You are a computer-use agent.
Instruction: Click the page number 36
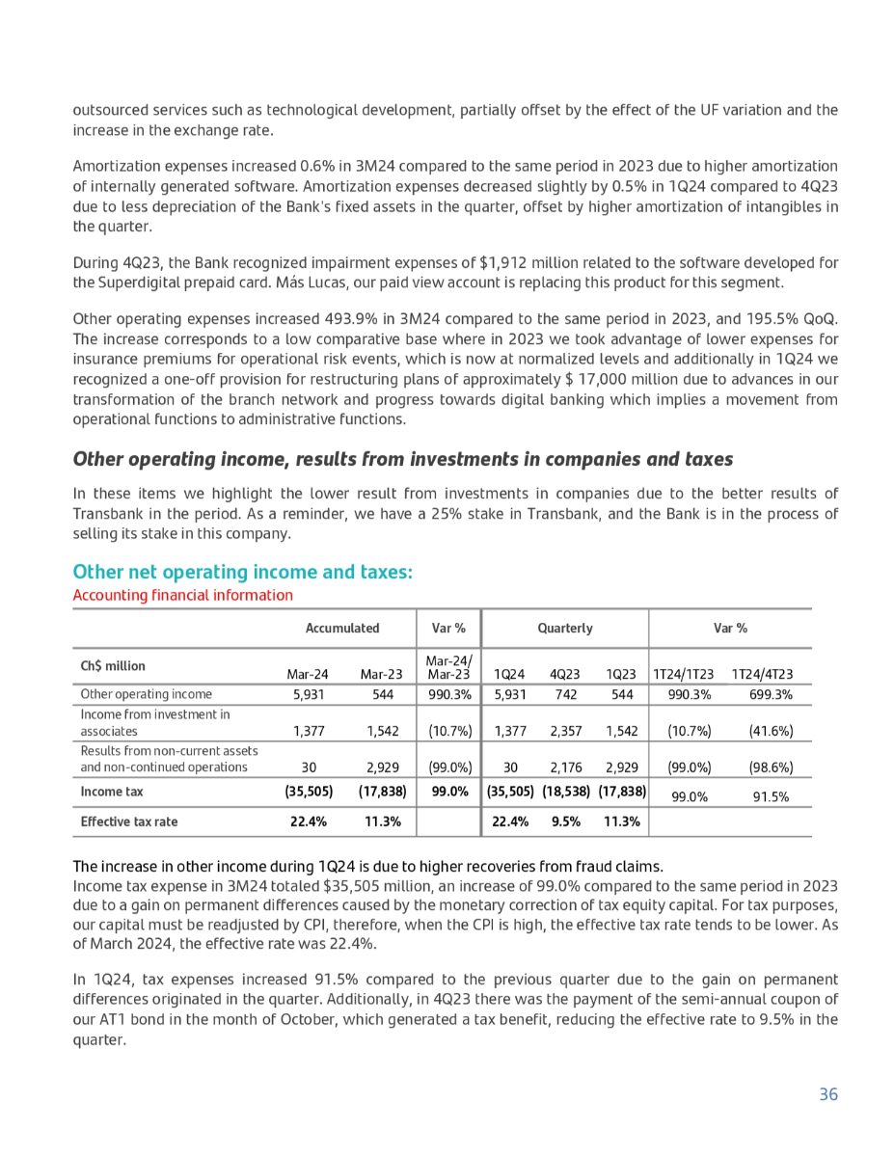827,1094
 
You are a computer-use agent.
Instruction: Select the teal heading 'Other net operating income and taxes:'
243,573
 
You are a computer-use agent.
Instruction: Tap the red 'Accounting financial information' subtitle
183,595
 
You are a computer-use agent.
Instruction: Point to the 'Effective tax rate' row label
129,822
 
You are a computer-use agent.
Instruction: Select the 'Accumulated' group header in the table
342,628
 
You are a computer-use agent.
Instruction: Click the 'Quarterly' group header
565,628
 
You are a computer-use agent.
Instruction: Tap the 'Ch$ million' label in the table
113,666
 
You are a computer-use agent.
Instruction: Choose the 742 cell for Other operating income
566,694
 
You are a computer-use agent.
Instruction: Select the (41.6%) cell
771,731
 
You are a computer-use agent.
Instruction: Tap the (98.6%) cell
771,767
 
